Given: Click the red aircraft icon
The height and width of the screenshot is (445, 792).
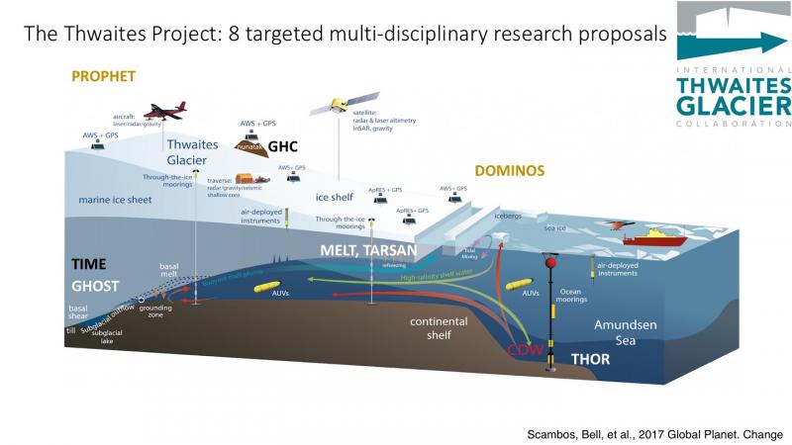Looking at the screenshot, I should pos(162,110).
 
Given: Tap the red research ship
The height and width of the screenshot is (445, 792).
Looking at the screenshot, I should pos(660,237).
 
